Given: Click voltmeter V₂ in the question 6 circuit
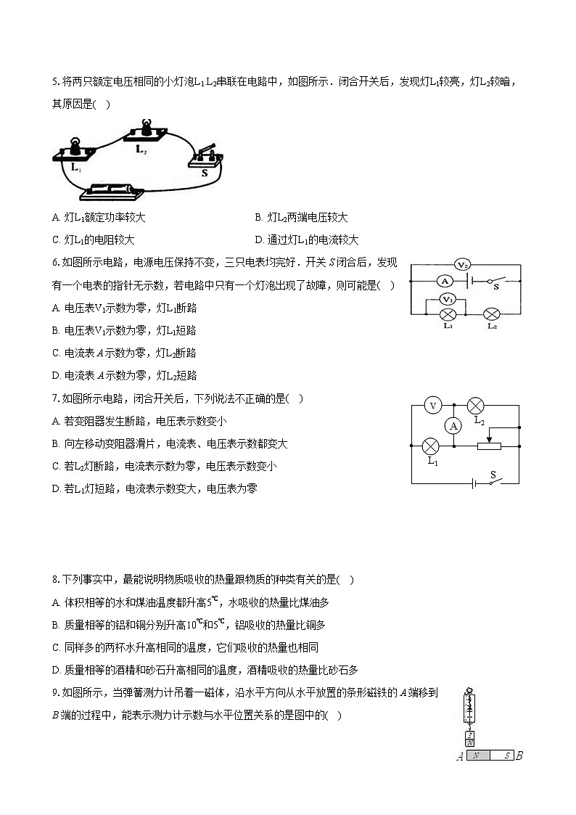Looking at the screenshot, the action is click(463, 264).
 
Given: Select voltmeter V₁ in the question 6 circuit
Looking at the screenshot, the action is click(448, 299).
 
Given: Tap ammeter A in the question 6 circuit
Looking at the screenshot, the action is click(447, 281).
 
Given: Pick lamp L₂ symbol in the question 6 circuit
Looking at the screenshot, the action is click(492, 314).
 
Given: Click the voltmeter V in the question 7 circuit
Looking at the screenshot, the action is click(432, 406).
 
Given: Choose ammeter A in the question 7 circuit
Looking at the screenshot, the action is click(454, 426).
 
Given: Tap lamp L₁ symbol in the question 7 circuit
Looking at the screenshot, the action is click(432, 446).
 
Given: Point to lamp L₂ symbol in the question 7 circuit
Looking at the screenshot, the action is click(476, 406).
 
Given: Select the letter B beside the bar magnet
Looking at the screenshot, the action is click(519, 756).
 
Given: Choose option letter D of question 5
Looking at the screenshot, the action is click(259, 239).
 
